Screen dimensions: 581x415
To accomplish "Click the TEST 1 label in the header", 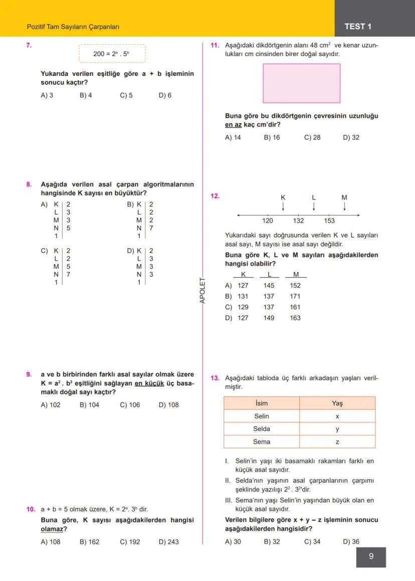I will click(358, 27).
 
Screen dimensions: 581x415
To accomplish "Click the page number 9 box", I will click(371, 556).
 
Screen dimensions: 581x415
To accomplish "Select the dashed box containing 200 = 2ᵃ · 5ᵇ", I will click(112, 54).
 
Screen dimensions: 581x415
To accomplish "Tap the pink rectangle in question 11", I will click(301, 83).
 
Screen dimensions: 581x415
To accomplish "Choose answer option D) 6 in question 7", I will click(165, 95).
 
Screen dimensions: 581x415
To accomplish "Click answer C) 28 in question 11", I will click(312, 137).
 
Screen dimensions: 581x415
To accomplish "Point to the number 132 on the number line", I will click(298, 221).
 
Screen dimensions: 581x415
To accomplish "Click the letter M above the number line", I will click(344, 198).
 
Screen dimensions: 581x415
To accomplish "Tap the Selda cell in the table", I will click(262, 429).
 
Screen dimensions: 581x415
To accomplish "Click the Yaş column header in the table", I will click(337, 403).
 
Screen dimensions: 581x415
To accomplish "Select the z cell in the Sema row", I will click(337, 442).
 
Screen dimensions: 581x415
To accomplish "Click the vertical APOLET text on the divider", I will click(202, 290).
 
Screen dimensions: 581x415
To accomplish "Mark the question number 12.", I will click(215, 196).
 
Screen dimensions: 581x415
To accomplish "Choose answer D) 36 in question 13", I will click(351, 541).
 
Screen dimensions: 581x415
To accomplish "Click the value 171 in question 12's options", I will click(295, 296).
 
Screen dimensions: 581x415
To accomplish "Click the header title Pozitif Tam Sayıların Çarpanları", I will click(73, 27).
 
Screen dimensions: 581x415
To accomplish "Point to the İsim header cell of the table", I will click(262, 403).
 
